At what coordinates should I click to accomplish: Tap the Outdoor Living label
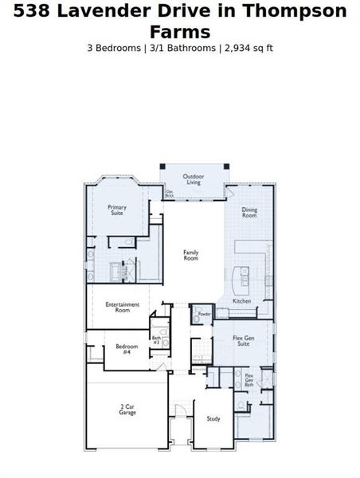(x=194, y=179)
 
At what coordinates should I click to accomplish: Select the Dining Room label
(x=249, y=213)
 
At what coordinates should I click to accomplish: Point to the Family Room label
(x=191, y=255)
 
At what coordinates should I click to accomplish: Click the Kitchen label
(x=242, y=301)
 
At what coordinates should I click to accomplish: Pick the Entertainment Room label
(x=122, y=307)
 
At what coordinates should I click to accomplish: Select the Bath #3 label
(x=157, y=339)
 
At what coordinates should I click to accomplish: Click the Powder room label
(x=205, y=314)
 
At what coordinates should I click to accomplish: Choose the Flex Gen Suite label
(x=243, y=340)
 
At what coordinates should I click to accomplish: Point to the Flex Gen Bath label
(x=249, y=380)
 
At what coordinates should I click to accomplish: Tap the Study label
(x=213, y=418)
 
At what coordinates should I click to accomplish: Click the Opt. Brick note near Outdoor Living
(x=170, y=193)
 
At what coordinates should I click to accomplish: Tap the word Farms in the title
(x=180, y=32)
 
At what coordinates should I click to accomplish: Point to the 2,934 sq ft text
(x=249, y=48)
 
